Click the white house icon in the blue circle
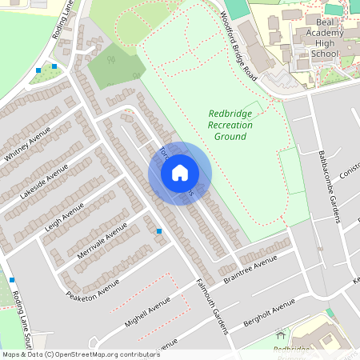pyautogui.click(x=180, y=172)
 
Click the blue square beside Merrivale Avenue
pyautogui.click(x=159, y=231)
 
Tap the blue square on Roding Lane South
pyautogui.click(x=12, y=280)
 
